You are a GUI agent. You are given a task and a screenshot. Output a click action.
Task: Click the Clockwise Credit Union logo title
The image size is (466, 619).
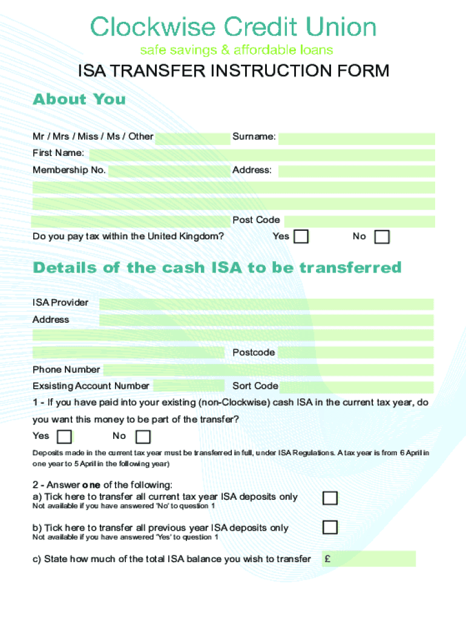233,27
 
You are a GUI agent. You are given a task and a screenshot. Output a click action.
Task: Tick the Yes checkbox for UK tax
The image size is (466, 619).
301,236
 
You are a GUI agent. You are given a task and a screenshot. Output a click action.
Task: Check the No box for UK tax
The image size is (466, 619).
382,236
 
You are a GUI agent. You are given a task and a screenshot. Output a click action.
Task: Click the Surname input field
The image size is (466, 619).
356,138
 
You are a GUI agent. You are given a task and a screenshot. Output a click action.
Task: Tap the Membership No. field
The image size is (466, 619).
169,171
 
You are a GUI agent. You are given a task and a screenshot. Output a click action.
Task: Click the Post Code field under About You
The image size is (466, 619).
359,221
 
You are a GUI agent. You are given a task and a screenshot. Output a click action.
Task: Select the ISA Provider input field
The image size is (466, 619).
266,303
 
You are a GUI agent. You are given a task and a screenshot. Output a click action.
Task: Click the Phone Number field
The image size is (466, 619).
267,370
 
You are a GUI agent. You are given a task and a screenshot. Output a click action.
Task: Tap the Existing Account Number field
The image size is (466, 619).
189,386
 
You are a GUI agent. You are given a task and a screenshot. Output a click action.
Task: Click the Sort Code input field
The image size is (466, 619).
356,387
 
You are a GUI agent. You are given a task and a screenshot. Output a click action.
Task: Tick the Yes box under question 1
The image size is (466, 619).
64,436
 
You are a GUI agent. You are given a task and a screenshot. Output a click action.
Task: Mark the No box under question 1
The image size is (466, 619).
143,436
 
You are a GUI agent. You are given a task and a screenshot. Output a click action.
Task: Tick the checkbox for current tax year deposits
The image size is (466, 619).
330,498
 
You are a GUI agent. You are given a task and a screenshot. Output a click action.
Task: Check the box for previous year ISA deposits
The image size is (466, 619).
330,528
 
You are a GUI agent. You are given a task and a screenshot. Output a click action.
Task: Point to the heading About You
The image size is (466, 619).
79,99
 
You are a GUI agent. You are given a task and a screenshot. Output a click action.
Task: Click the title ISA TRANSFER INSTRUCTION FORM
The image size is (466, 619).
233,71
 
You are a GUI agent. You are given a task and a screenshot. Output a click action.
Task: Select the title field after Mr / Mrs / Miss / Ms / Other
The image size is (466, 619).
192,138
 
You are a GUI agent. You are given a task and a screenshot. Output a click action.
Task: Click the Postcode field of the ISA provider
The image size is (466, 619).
356,353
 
